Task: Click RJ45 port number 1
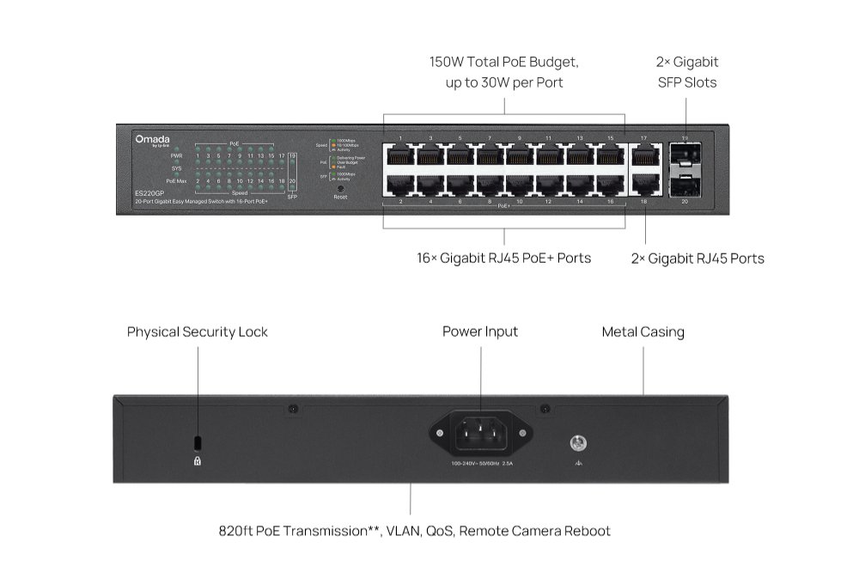coord(399,155)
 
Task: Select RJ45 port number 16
coord(610,185)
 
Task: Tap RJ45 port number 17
coord(644,155)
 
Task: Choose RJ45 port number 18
coord(644,185)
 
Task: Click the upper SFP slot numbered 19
coord(685,155)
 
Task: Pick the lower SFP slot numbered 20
coord(685,185)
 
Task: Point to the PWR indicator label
coord(176,155)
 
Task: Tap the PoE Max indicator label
coord(176,181)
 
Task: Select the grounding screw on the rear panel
coord(578,443)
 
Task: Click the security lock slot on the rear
coord(198,441)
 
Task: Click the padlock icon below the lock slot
coord(198,460)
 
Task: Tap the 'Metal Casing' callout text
coord(643,332)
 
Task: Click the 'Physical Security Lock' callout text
coord(198,332)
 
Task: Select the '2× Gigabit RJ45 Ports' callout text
coord(697,259)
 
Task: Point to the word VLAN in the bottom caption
coord(404,531)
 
